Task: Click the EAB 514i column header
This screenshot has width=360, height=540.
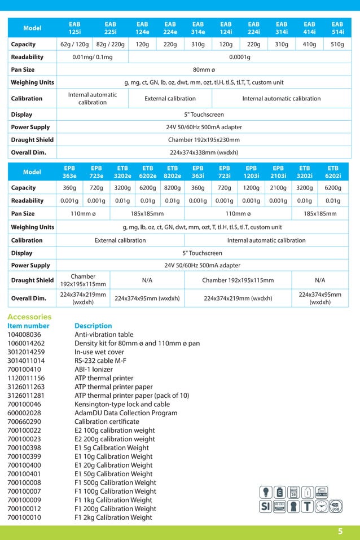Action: pyautogui.click(x=337, y=28)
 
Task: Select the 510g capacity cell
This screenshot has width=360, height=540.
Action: pyautogui.click(x=337, y=44)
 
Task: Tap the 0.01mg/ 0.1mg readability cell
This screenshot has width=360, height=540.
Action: pyautogui.click(x=93, y=57)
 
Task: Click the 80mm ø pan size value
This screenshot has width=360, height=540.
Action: pyautogui.click(x=204, y=70)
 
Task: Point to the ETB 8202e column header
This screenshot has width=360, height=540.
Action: pyautogui.click(x=172, y=172)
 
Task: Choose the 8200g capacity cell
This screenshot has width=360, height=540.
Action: pyautogui.click(x=172, y=188)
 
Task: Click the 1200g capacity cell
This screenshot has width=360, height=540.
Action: pyautogui.click(x=251, y=188)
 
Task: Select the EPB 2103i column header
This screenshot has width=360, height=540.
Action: pyautogui.click(x=278, y=172)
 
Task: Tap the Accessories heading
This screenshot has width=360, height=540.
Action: pyautogui.click(x=29, y=317)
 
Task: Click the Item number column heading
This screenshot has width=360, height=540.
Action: pyautogui.click(x=28, y=326)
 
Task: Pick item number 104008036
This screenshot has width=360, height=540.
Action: pyautogui.click(x=24, y=335)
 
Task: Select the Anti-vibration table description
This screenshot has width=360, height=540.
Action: pyautogui.click(x=104, y=335)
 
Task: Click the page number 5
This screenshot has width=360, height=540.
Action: pyautogui.click(x=340, y=531)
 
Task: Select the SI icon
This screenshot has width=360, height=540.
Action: pyautogui.click(x=265, y=506)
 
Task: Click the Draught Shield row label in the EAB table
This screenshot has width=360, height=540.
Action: pyautogui.click(x=32, y=140)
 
